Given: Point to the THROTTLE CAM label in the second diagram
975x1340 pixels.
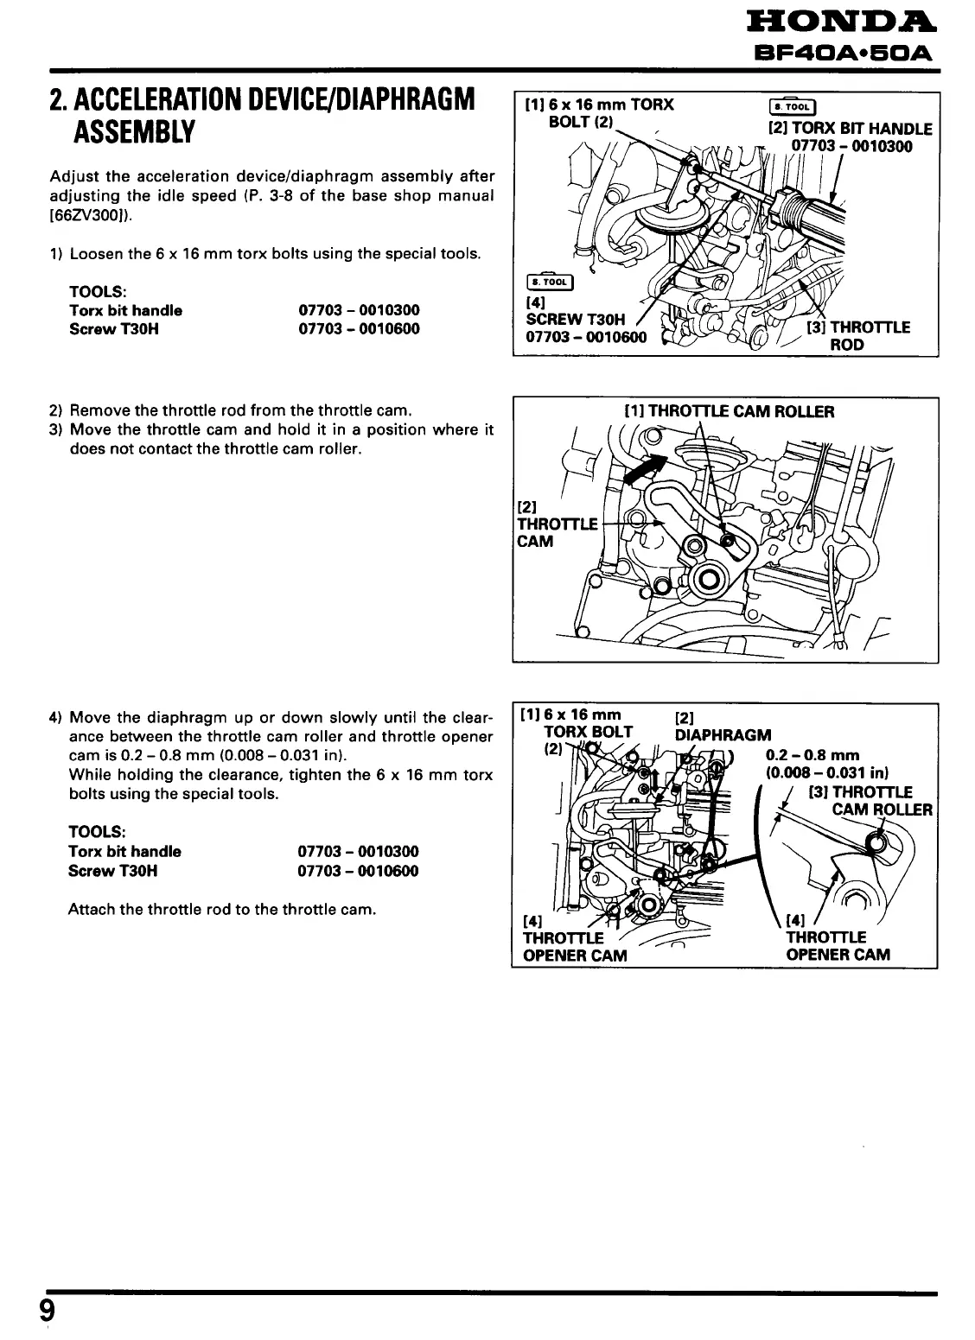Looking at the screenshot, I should pyautogui.click(x=557, y=524).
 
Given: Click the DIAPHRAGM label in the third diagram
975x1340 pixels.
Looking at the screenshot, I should pyautogui.click(x=723, y=735).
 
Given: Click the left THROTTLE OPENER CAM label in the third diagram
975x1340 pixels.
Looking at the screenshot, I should pyautogui.click(x=575, y=946).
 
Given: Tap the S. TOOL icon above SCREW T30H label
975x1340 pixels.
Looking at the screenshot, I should pyautogui.click(x=549, y=282).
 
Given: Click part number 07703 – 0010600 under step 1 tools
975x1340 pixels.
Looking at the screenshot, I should pyautogui.click(x=359, y=329).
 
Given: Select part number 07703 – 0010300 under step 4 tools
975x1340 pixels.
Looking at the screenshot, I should pyautogui.click(x=358, y=852).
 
